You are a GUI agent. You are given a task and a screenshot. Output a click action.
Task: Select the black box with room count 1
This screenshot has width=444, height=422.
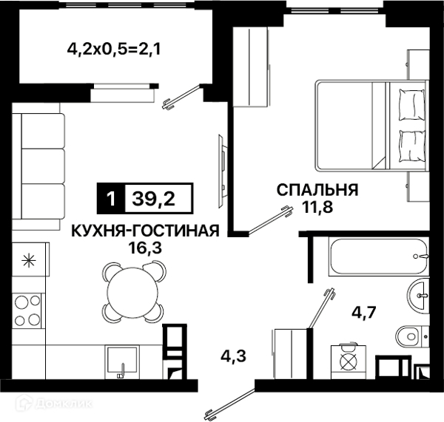[110, 199]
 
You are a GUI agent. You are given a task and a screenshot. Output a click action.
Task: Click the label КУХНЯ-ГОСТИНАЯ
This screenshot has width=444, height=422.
[144, 231]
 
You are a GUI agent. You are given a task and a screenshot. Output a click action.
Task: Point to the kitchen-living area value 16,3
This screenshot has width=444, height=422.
[144, 248]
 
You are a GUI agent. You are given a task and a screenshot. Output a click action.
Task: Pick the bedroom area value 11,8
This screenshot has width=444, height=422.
[317, 208]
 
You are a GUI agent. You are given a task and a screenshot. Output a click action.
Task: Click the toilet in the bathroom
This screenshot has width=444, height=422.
[411, 336]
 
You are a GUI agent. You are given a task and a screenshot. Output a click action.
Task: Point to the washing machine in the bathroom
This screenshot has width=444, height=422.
[348, 362]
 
